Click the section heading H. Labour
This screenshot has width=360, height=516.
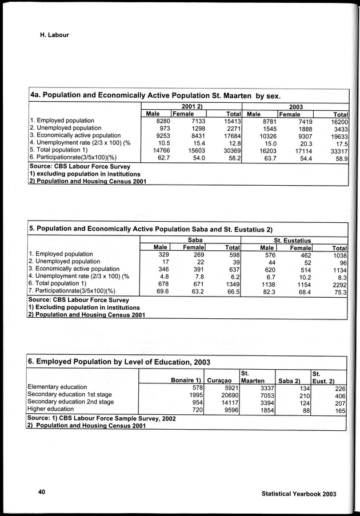click(54, 35)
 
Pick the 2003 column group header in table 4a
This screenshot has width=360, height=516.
click(295, 106)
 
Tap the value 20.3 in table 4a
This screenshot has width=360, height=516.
click(303, 143)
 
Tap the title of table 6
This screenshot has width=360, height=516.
click(119, 362)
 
